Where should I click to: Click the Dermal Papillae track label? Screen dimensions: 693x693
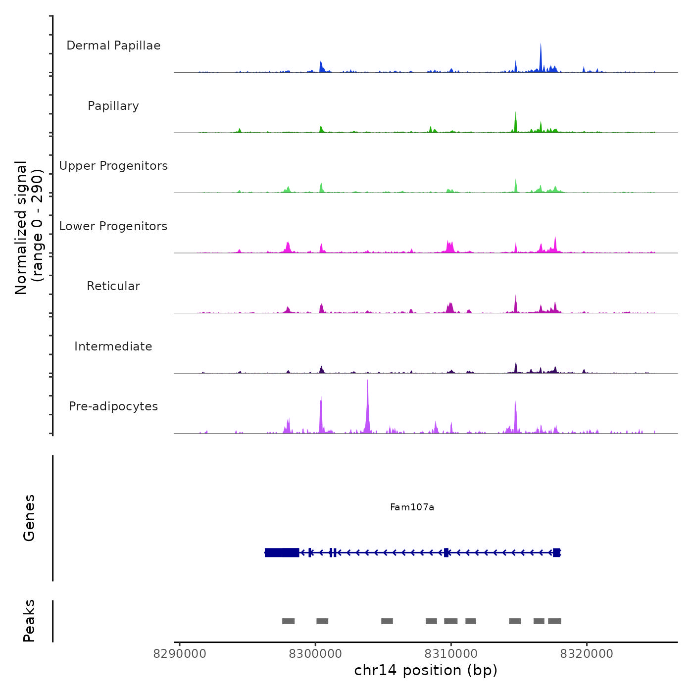tap(113, 46)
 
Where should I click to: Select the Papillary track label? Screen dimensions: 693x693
tap(113, 106)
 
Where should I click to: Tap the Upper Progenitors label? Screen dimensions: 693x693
tap(113, 166)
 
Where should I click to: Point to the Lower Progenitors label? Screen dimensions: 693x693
tap(113, 226)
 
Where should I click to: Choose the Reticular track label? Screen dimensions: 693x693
tap(113, 286)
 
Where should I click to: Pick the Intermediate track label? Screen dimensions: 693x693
tap(113, 346)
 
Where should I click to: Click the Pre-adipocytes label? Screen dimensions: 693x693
tap(113, 406)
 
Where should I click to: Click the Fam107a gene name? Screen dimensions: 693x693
tap(412, 507)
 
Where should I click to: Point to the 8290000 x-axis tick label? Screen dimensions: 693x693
tap(180, 654)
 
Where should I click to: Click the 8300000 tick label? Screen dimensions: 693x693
tap(315, 654)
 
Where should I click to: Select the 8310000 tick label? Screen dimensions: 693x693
tap(451, 654)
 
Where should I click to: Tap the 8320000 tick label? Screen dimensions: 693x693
tap(587, 654)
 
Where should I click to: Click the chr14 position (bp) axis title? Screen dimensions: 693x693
tap(426, 670)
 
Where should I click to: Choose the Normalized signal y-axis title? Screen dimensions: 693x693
tap(29, 228)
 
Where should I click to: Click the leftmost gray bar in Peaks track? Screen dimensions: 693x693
tap(288, 621)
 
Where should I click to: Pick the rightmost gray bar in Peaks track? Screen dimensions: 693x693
tap(554, 621)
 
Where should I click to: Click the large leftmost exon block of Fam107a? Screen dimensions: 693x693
tap(282, 552)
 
